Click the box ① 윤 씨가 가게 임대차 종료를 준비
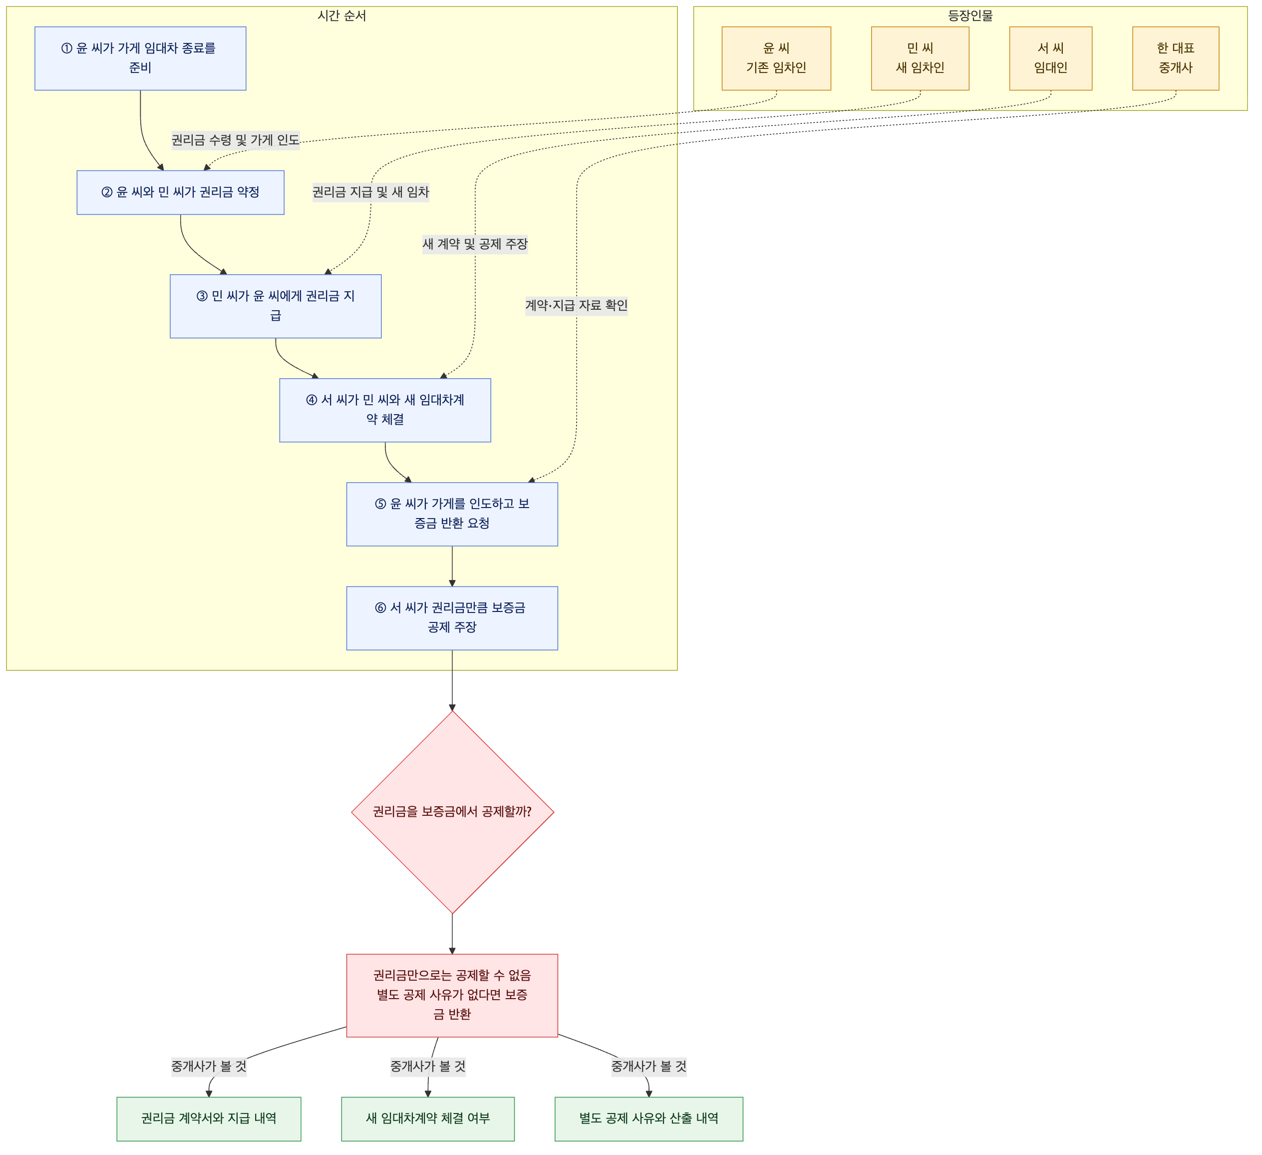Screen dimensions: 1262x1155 pyautogui.click(x=140, y=58)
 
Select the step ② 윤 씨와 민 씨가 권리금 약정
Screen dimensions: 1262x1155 pyautogui.click(x=180, y=192)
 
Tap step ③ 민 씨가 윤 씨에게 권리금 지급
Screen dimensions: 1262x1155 pyautogui.click(x=276, y=306)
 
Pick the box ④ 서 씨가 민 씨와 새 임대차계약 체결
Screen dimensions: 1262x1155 pyautogui.click(x=385, y=410)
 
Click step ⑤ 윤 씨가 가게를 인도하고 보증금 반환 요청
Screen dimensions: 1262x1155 pyautogui.click(x=452, y=514)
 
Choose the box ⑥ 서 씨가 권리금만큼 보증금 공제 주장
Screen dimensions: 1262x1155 pyautogui.click(x=452, y=618)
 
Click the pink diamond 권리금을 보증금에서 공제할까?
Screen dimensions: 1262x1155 pyautogui.click(x=452, y=812)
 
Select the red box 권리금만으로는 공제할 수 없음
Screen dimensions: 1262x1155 pyautogui.click(x=452, y=995)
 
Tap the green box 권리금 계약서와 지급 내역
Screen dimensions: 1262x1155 pyautogui.click(x=209, y=1119)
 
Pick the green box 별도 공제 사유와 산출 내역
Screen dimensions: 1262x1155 pyautogui.click(x=649, y=1119)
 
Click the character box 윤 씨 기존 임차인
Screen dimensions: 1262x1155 pyautogui.click(x=776, y=58)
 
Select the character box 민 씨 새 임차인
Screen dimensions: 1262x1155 pyautogui.click(x=920, y=58)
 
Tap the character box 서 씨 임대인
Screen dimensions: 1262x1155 pyautogui.click(x=1051, y=58)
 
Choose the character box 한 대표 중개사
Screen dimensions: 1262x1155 pyautogui.click(x=1176, y=58)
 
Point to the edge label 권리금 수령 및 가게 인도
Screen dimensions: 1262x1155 pyautogui.click(x=235, y=140)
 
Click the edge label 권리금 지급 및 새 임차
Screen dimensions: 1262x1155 pyautogui.click(x=370, y=192)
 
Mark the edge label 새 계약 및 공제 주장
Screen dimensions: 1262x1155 pyautogui.click(x=475, y=244)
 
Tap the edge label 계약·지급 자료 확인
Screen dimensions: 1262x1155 pyautogui.click(x=577, y=305)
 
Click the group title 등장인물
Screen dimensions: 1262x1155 pyautogui.click(x=970, y=15)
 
